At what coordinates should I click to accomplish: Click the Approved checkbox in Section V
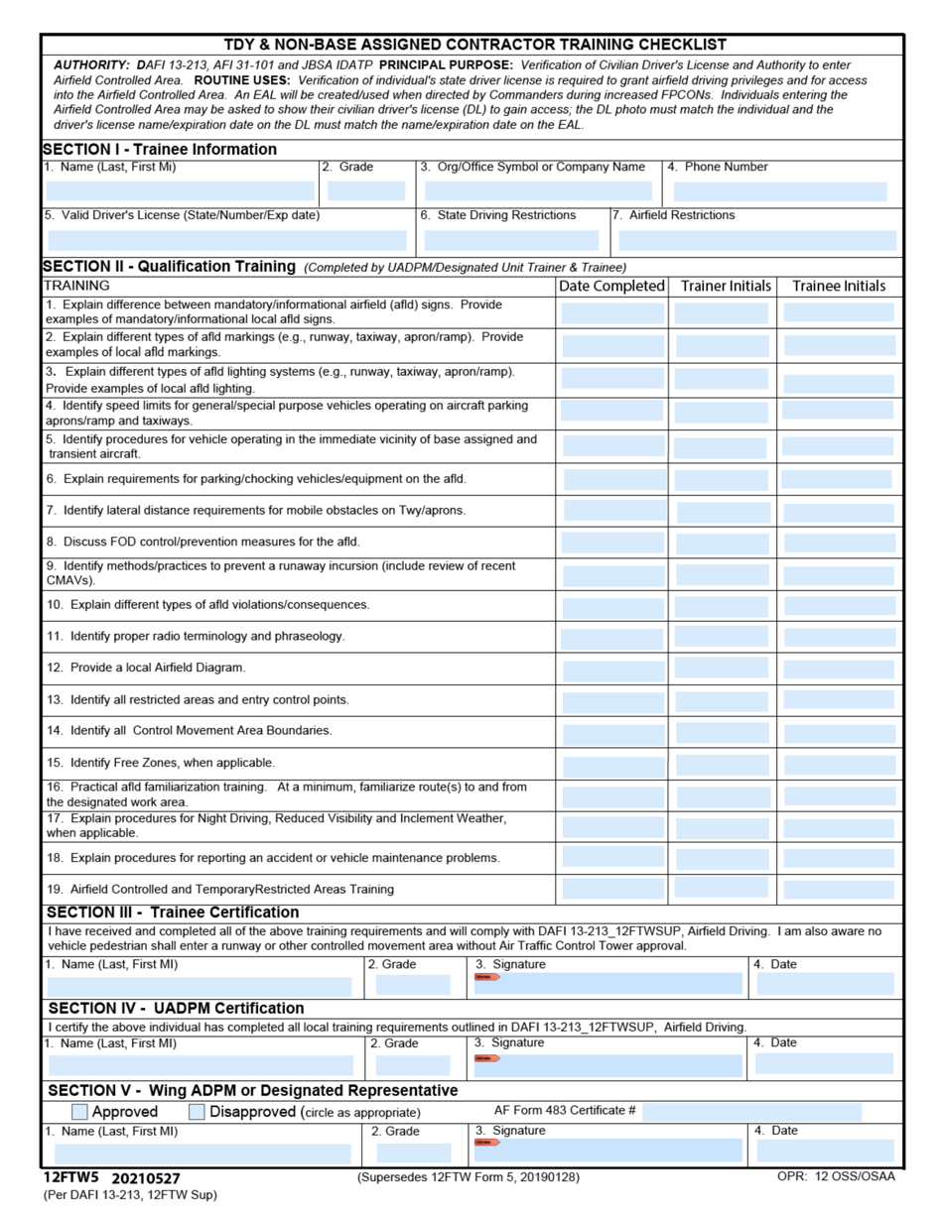[x=80, y=1112]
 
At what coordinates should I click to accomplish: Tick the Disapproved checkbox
[x=197, y=1112]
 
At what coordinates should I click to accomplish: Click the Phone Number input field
[x=776, y=191]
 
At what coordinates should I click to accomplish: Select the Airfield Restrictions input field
[x=756, y=240]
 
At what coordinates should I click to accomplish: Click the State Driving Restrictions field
[x=511, y=240]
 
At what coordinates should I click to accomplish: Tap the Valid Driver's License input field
[x=226, y=240]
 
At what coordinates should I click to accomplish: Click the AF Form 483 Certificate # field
[x=751, y=1111]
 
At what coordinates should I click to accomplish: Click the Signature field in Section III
[x=607, y=983]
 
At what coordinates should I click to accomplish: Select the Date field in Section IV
[x=824, y=1063]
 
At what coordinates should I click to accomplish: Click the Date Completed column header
[x=611, y=286]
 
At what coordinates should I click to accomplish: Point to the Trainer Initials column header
[x=726, y=286]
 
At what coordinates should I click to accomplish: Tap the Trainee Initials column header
[x=839, y=286]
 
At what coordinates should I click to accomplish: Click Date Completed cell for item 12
[x=612, y=668]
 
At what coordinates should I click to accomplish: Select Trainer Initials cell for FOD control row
[x=722, y=542]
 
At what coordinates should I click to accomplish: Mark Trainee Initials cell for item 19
[x=839, y=889]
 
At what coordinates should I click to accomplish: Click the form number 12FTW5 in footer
[x=71, y=1177]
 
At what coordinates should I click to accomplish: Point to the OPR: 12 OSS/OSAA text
[x=835, y=1176]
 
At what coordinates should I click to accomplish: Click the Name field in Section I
[x=180, y=191]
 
